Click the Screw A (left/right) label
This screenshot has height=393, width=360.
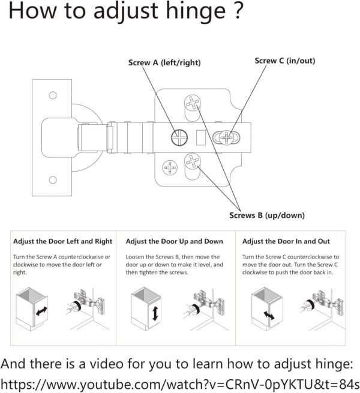pyautogui.click(x=164, y=62)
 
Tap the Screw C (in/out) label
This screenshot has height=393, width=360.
pyautogui.click(x=285, y=61)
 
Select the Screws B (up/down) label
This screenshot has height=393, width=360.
pyautogui.click(x=267, y=215)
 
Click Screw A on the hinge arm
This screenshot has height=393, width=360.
pyautogui.click(x=179, y=137)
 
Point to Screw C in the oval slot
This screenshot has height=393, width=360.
pyautogui.click(x=226, y=137)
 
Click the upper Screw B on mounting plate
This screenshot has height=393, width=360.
pyautogui.click(x=193, y=103)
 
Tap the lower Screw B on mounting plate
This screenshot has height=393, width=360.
pyautogui.click(x=193, y=161)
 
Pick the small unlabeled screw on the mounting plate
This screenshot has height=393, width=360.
pyautogui.click(x=170, y=167)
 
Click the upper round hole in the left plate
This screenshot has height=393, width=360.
pyautogui.click(x=53, y=95)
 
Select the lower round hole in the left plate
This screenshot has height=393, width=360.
pyautogui.click(x=53, y=180)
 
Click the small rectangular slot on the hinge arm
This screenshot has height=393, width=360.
pyautogui.click(x=201, y=137)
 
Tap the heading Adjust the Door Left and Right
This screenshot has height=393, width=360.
pyautogui.click(x=62, y=241)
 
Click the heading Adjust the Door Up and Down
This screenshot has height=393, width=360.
pyautogui.click(x=175, y=241)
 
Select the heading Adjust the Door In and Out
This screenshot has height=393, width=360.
pyautogui.click(x=286, y=241)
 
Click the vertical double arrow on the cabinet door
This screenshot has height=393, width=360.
pyautogui.click(x=155, y=313)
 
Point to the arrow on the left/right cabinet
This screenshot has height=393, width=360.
pyautogui.click(x=41, y=311)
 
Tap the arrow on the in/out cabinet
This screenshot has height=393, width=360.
pyautogui.click(x=269, y=316)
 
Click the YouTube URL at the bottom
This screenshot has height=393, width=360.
pyautogui.click(x=180, y=384)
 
